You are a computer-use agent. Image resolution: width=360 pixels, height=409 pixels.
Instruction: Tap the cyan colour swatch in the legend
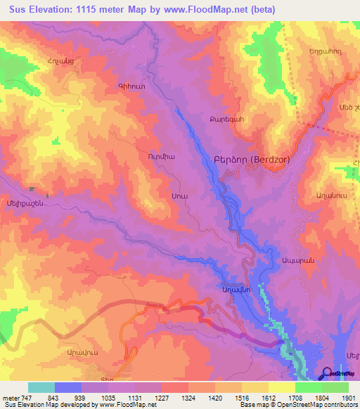point(41,387)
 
